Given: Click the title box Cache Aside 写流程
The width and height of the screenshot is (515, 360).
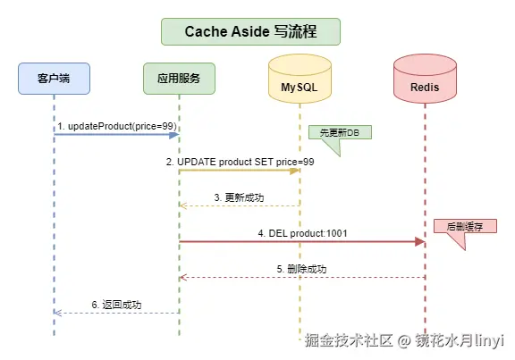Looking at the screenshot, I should coord(249,31).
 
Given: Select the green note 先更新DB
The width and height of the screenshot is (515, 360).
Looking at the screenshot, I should coord(340,132).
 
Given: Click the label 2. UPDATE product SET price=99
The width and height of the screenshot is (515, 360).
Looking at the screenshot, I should coord(240,162).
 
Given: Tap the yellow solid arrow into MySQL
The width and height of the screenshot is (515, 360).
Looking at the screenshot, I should coord(240,171).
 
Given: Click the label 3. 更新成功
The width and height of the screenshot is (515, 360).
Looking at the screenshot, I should coord(239,197).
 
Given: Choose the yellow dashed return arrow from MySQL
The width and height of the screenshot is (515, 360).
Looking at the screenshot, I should coord(239,205).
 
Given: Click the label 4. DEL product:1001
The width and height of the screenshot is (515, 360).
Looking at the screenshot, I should coord(302,232).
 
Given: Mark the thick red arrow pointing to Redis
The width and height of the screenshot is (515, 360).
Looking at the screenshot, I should coord(302,241).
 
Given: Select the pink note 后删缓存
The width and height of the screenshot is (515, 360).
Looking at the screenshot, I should coord(458,227).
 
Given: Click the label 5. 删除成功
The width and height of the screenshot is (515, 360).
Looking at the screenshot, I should coord(301,268).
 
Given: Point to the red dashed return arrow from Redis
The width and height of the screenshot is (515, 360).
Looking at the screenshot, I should coord(301,277).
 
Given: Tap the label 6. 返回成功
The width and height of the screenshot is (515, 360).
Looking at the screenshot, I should coord(116,304).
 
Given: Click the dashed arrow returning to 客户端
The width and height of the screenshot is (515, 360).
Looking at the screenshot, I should coord(116,313).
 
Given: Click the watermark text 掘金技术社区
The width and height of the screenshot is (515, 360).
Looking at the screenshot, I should coord(349,340).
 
